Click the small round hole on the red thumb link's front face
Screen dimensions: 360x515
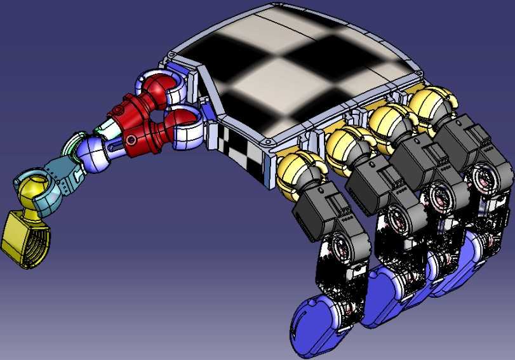(x=131, y=139)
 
